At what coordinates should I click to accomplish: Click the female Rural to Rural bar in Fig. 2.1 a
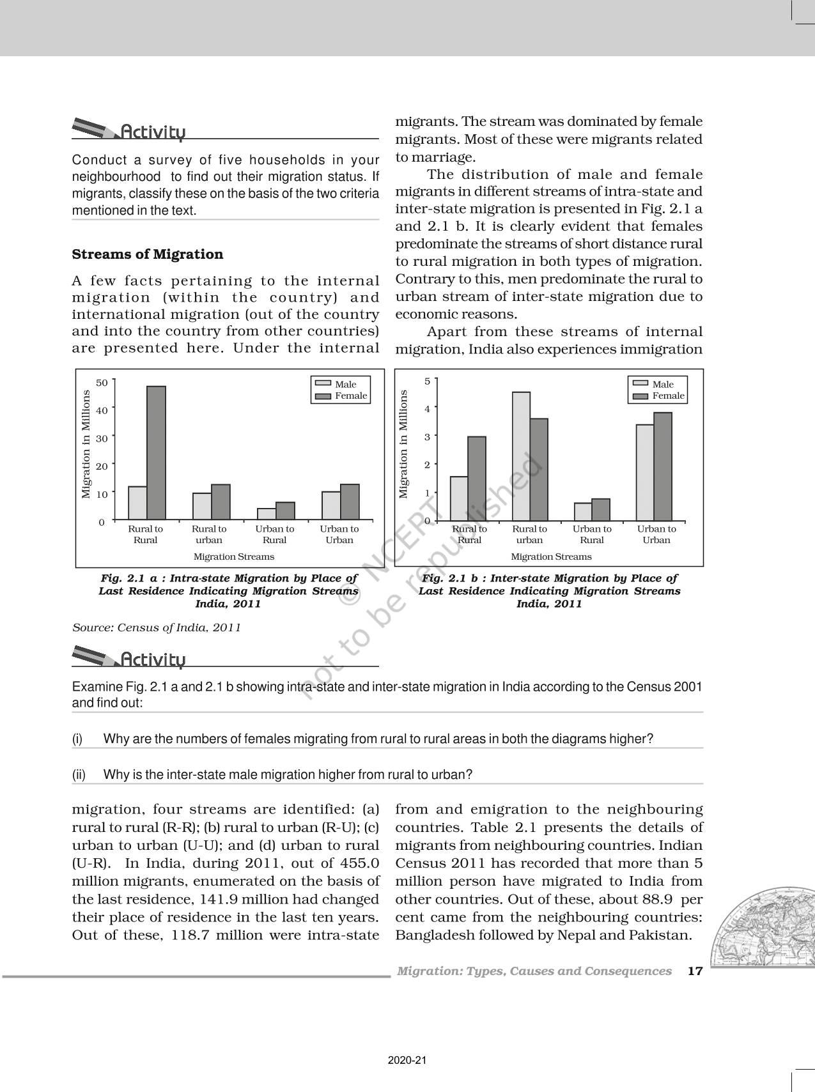[x=156, y=452]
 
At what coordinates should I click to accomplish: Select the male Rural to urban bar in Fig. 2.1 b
[x=521, y=456]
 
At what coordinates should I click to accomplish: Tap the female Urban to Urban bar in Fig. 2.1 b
[x=662, y=466]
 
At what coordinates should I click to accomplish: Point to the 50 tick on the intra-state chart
[x=102, y=383]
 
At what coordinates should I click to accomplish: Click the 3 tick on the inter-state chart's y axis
[x=427, y=437]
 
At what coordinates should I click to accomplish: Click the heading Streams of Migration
[x=148, y=254]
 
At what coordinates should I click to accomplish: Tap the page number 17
[x=695, y=971]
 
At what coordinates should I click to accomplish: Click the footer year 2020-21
[x=407, y=1060]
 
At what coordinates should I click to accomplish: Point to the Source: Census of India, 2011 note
[x=157, y=627]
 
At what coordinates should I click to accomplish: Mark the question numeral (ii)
[x=79, y=774]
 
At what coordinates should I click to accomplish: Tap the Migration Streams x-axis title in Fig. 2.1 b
[x=551, y=557]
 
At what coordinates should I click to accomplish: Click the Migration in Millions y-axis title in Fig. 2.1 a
[x=86, y=444]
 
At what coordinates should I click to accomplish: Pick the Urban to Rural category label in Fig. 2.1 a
[x=275, y=534]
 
